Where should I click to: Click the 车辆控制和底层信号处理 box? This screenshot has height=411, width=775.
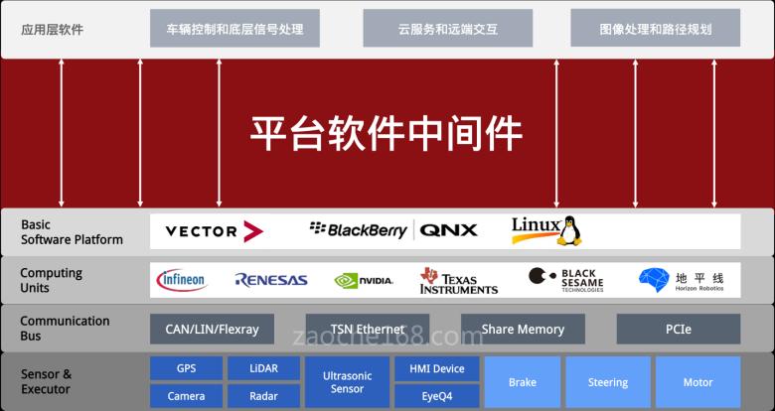click(x=234, y=29)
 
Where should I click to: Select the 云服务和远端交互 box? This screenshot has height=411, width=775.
click(x=446, y=29)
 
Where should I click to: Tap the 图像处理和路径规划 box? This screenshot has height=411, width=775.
click(x=656, y=29)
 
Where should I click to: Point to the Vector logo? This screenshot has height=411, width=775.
click(x=214, y=231)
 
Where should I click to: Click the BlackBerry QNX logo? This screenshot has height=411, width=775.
click(x=393, y=230)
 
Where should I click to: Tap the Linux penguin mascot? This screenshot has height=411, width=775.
click(x=569, y=230)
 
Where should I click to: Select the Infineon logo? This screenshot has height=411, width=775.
click(x=182, y=280)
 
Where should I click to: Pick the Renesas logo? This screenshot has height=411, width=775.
click(x=271, y=281)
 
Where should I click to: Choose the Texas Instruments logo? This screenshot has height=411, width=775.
click(x=458, y=281)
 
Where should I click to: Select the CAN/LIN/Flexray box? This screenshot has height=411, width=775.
click(x=211, y=329)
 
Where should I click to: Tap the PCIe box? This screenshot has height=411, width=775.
click(x=678, y=329)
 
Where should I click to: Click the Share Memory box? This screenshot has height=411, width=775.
click(x=523, y=329)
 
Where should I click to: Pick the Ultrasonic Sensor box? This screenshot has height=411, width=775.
click(x=347, y=382)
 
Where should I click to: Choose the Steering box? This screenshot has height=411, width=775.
click(x=607, y=382)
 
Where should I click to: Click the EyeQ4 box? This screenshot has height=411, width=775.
click(x=437, y=396)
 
